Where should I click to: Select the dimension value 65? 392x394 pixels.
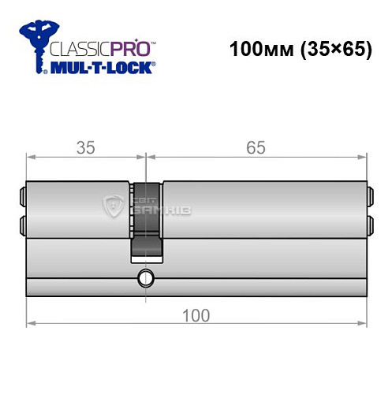pyautogui.click(x=255, y=147)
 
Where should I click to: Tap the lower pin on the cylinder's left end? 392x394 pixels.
pyautogui.click(x=21, y=223)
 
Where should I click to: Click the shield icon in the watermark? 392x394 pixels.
pyautogui.click(x=112, y=206)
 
